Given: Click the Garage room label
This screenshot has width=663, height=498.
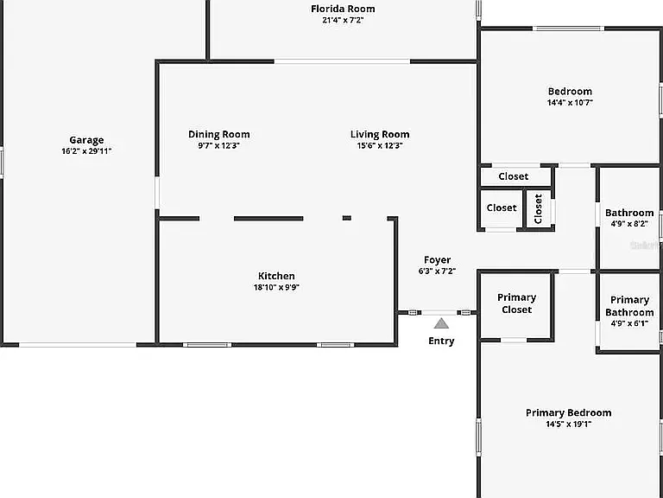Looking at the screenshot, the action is [x=86, y=140].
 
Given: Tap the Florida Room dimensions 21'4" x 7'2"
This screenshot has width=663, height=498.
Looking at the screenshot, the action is [x=343, y=20].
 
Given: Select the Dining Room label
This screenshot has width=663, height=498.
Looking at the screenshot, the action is [x=219, y=135].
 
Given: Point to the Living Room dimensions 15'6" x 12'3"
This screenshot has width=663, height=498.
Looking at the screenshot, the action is [x=380, y=145].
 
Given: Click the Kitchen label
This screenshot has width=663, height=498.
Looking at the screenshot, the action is [x=276, y=276].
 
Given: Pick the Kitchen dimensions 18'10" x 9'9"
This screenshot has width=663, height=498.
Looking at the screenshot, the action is [x=276, y=287].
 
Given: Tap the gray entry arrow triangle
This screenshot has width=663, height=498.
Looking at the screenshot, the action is [x=441, y=324].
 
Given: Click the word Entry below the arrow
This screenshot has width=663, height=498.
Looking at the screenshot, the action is [x=441, y=341].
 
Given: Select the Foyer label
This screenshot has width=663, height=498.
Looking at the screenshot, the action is [x=437, y=259].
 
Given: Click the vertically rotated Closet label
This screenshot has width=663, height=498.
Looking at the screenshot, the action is [x=539, y=208].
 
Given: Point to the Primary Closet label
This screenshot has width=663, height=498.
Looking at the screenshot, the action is [x=517, y=303].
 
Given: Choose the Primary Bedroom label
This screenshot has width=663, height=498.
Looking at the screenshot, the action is [x=569, y=413].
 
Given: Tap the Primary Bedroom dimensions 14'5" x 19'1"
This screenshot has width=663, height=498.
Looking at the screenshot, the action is [x=569, y=424].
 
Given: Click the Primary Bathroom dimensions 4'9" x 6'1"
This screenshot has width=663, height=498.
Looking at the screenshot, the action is [x=629, y=323].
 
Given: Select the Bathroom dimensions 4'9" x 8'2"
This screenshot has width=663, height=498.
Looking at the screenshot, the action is [x=629, y=224].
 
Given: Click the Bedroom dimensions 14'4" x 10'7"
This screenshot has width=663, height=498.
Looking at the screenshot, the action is [x=570, y=103].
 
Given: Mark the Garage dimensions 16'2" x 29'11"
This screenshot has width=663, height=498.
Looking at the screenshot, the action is [x=86, y=151].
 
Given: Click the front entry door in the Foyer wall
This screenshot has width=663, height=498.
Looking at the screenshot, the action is [x=439, y=312].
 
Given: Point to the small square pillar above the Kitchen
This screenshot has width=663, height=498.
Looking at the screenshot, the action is [x=347, y=218].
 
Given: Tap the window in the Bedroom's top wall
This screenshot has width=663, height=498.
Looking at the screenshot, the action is [x=568, y=29].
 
